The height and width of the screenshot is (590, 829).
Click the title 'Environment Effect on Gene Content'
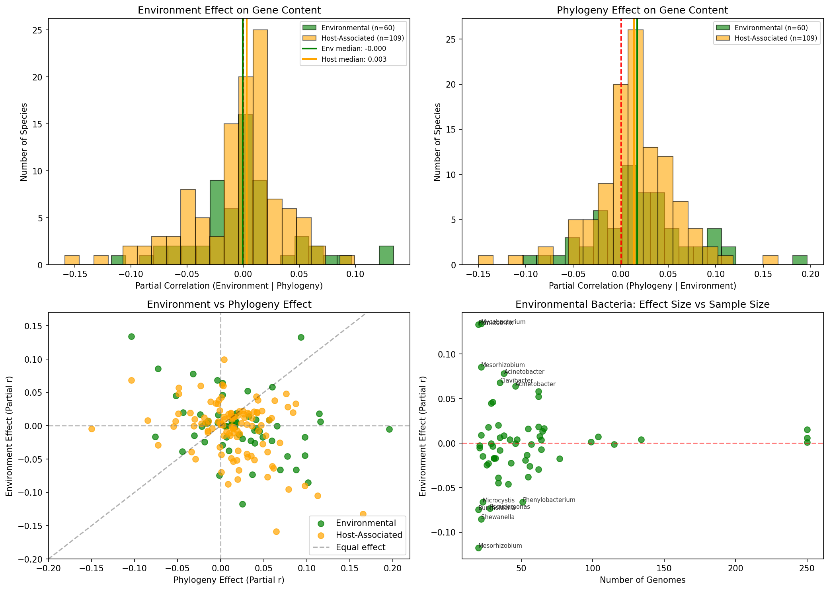pyautogui.click(x=229, y=10)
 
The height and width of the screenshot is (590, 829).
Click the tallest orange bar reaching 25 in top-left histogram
pyautogui.click(x=260, y=147)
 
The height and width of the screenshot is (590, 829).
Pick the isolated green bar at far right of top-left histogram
pyautogui.click(x=386, y=256)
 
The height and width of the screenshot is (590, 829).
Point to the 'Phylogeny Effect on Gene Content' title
pyautogui.click(x=642, y=10)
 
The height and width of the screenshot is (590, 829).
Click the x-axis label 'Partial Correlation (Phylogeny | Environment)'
pyautogui.click(x=642, y=286)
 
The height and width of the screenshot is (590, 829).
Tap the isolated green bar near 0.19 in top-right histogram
pyautogui.click(x=800, y=260)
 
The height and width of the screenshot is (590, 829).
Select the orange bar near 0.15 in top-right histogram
pyautogui.click(x=770, y=260)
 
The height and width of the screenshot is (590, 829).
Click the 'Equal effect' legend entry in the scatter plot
pyautogui.click(x=360, y=547)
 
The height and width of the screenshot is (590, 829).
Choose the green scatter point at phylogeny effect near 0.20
pyautogui.click(x=389, y=429)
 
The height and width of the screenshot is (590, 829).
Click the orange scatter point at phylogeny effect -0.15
pyautogui.click(x=92, y=429)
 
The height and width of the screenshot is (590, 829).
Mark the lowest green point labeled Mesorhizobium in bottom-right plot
pyautogui.click(x=478, y=548)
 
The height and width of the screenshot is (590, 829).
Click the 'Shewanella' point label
pyautogui.click(x=497, y=517)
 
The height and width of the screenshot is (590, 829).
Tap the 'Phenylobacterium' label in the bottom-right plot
pyautogui.click(x=549, y=500)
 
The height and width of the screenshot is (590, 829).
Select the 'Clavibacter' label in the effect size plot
pyautogui.click(x=516, y=381)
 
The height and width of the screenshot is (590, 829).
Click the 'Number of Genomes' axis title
pyautogui.click(x=642, y=580)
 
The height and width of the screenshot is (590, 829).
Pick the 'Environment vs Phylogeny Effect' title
pyautogui.click(x=229, y=305)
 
